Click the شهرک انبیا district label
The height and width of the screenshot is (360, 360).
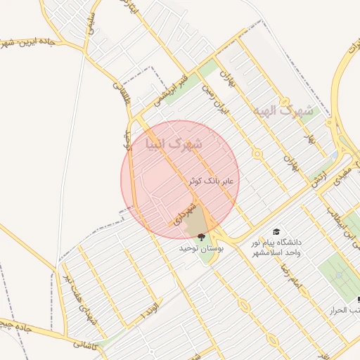[x=172, y=144]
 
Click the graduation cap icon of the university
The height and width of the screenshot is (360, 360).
[x=276, y=231]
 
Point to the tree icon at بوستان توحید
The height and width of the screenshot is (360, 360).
[x=202, y=236]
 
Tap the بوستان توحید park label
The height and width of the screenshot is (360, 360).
[x=201, y=248]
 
